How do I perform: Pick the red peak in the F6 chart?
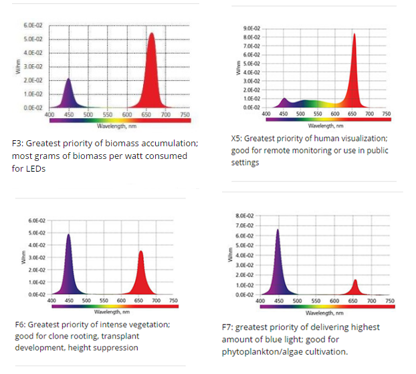pyautogui.click(x=140, y=274)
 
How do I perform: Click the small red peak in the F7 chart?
pyautogui.click(x=355, y=288)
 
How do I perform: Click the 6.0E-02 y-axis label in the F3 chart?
pyautogui.click(x=33, y=25)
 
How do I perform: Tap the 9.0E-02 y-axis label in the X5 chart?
pyautogui.click(x=251, y=29)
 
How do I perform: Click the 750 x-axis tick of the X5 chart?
pyautogui.click(x=386, y=114)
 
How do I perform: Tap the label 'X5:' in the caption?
pyautogui.click(x=236, y=138)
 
